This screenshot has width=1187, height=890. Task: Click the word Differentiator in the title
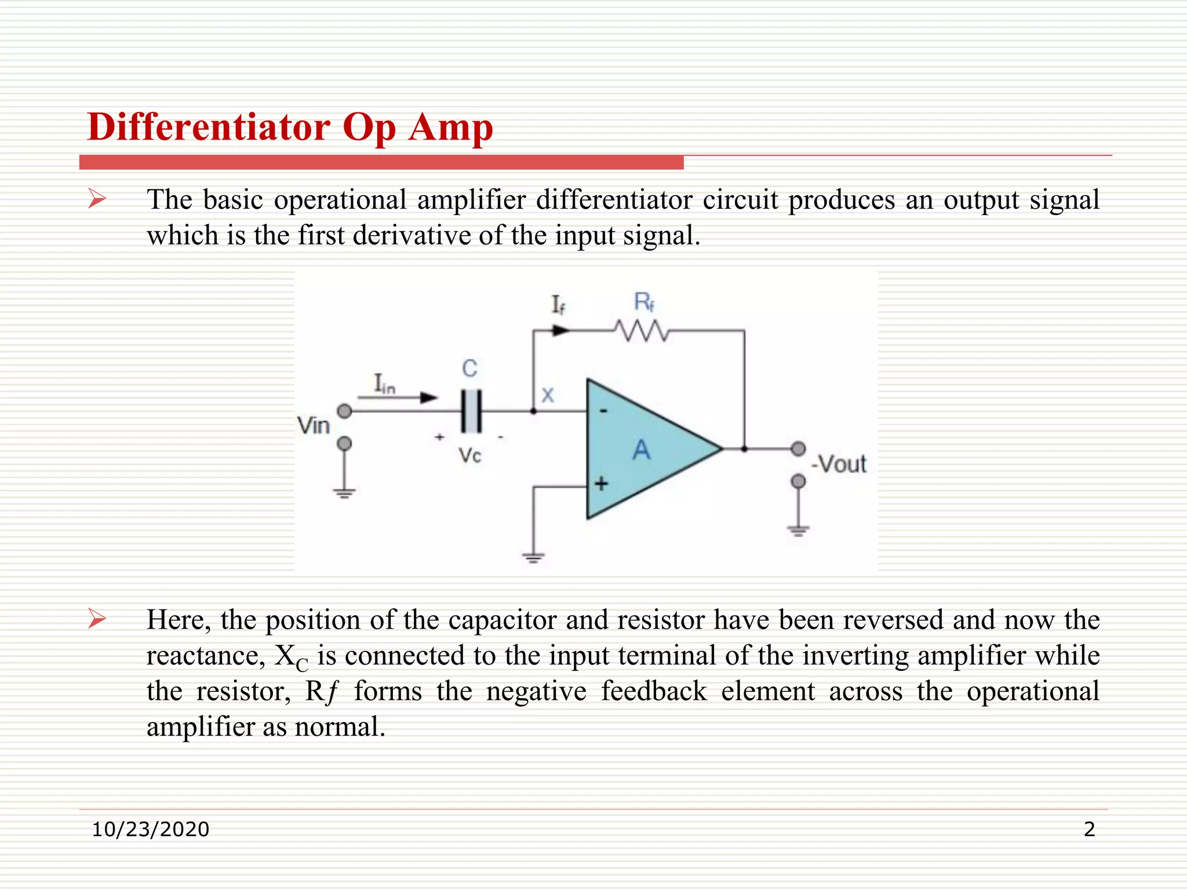tap(209, 127)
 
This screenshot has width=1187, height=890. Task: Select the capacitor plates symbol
tap(471, 411)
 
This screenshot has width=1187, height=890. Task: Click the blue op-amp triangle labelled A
tap(643, 448)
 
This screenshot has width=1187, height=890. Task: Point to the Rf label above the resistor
tap(644, 302)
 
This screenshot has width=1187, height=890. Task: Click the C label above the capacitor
tap(469, 369)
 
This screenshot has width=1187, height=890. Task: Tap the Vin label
tap(314, 426)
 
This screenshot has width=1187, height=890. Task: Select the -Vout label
tap(839, 464)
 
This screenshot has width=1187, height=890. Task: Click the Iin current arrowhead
tap(429, 397)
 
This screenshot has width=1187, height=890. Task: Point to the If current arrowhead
tap(560, 330)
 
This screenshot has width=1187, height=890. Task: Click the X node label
tap(548, 395)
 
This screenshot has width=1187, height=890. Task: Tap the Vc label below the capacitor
tap(470, 455)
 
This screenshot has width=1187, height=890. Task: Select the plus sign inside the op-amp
tap(602, 483)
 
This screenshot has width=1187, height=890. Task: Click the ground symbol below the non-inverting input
tap(533, 558)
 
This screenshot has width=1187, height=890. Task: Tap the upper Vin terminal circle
tap(344, 411)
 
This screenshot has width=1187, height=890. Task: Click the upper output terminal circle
tap(799, 448)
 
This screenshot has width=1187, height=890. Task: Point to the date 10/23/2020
tap(151, 829)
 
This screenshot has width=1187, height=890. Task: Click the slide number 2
tap(1089, 829)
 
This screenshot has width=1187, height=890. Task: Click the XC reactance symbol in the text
tap(291, 657)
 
